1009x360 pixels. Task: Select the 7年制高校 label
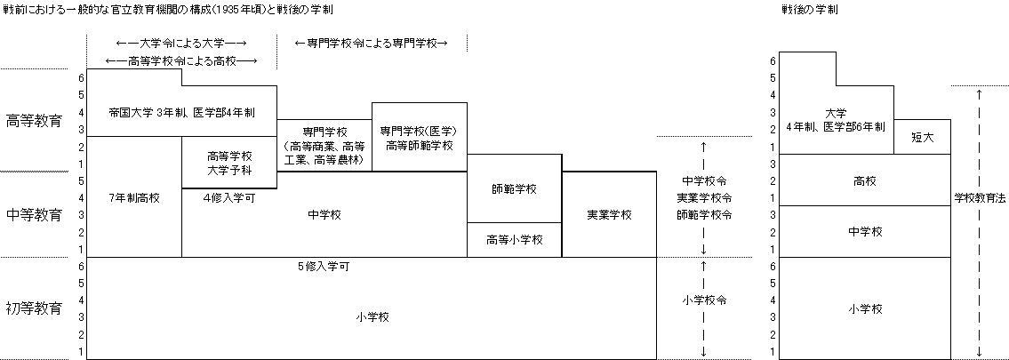(134, 198)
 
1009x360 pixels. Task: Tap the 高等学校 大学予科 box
(229, 163)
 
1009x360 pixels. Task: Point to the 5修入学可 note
(324, 266)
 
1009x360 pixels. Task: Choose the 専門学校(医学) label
(419, 132)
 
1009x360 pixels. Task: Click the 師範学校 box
(514, 188)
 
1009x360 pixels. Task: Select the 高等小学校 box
(514, 240)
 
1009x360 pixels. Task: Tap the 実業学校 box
(609, 214)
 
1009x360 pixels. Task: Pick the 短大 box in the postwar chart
(922, 137)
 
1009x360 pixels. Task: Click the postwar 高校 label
(865, 181)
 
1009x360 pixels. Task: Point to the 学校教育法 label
(980, 198)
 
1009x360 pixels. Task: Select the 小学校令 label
(704, 300)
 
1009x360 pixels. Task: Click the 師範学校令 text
(704, 215)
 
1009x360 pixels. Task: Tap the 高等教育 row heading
(34, 121)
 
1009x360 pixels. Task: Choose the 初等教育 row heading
(34, 308)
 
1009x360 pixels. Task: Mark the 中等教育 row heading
(34, 215)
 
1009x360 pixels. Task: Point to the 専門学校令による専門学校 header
(371, 43)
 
